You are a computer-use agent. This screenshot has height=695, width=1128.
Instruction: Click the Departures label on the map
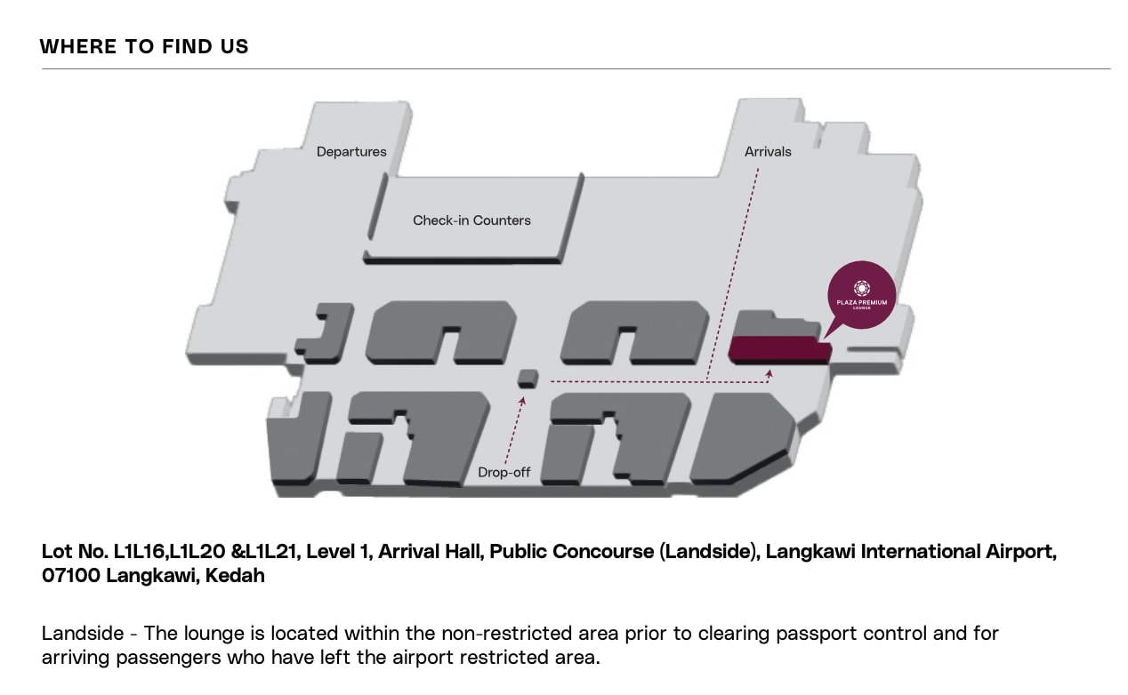tap(351, 152)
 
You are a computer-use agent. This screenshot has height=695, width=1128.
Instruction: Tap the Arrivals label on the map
tap(768, 152)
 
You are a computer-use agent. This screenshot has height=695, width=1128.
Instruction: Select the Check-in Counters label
tap(471, 220)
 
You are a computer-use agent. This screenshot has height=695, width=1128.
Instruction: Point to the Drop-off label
tap(504, 473)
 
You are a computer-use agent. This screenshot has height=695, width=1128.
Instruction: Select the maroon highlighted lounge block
tap(778, 349)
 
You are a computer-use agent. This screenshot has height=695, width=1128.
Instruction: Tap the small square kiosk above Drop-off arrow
tap(528, 379)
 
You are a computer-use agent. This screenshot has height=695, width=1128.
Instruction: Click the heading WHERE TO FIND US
tap(144, 47)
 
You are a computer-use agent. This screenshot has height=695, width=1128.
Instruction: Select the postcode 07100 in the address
tap(71, 575)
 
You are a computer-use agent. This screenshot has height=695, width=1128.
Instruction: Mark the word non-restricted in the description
tap(422, 634)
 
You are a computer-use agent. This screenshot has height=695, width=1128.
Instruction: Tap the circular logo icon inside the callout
tap(861, 288)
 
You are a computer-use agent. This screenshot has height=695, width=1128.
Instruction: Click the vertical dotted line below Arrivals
tap(734, 267)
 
